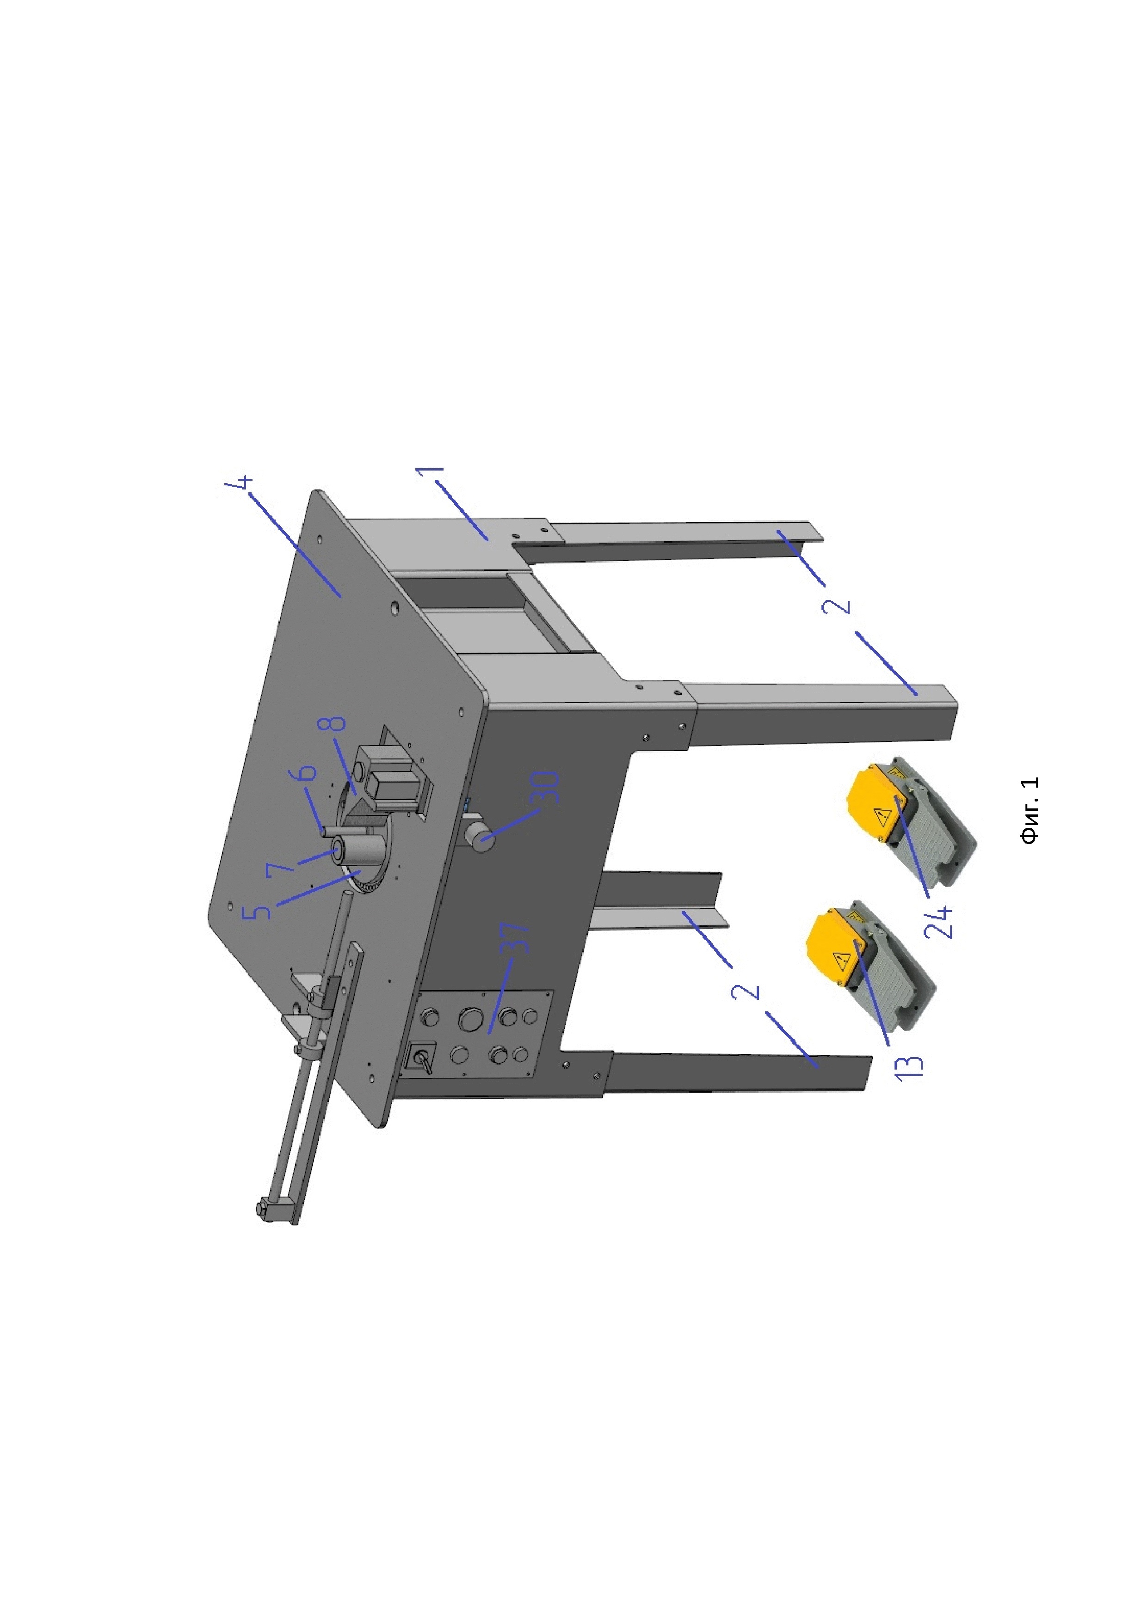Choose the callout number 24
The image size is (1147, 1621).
pyautogui.click(x=939, y=921)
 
